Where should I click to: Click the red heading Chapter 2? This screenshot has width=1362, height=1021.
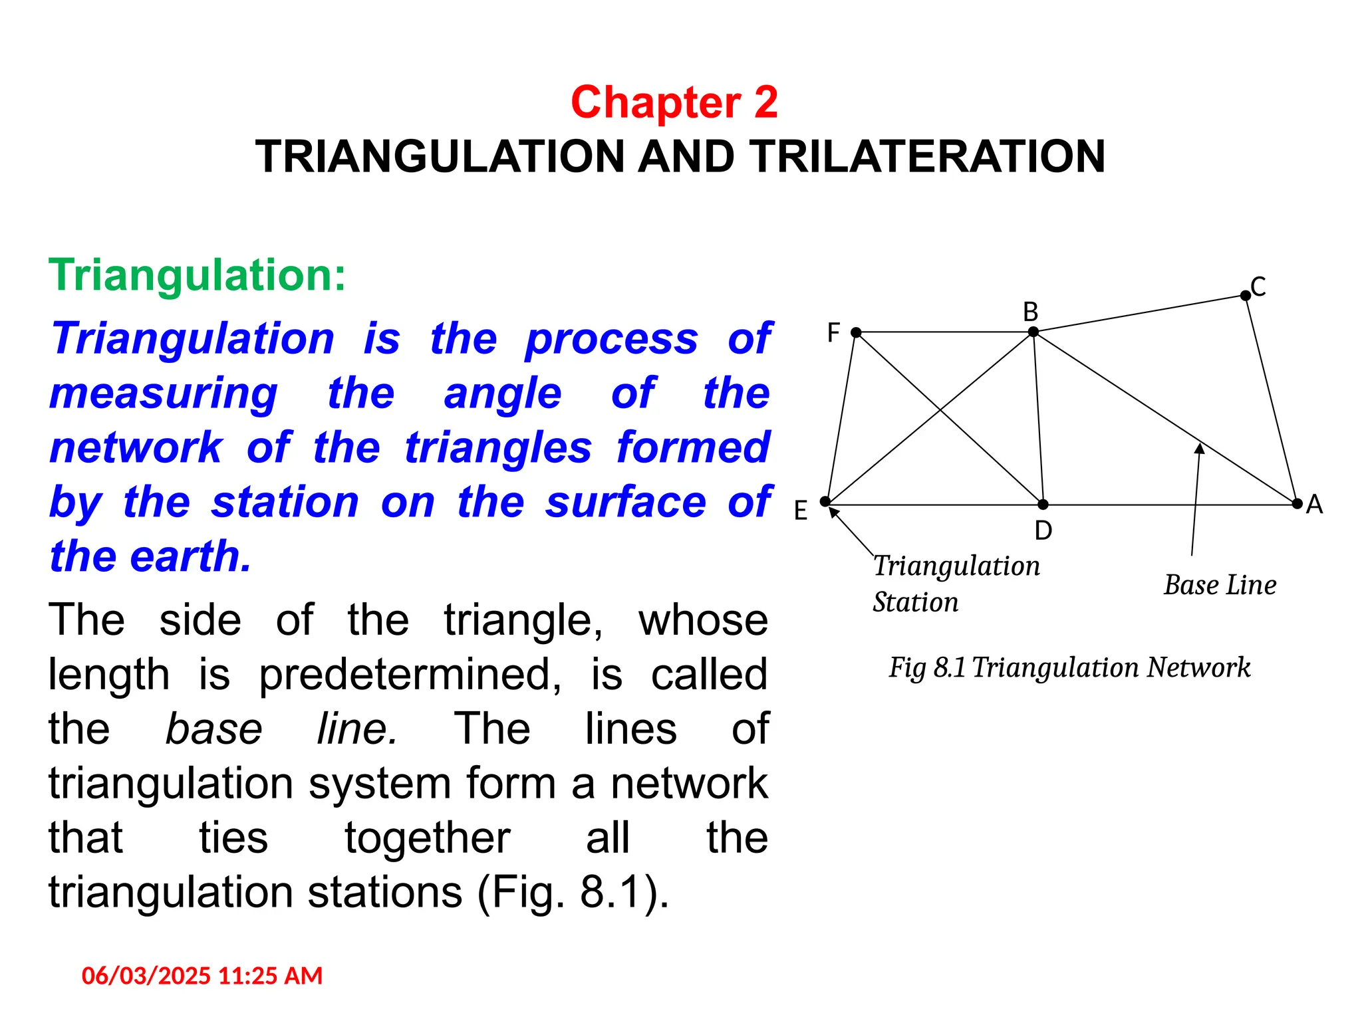674,103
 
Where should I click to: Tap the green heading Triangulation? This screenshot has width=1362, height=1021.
198,275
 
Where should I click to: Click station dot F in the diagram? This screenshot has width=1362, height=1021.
856,332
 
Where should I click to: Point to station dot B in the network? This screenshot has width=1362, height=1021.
1033,332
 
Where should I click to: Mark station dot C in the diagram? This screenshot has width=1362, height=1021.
1245,296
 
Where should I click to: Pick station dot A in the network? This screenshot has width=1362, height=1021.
1297,504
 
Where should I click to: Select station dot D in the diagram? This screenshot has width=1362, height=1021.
1043,505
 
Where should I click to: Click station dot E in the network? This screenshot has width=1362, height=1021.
825,502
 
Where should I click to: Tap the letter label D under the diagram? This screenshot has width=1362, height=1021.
1043,530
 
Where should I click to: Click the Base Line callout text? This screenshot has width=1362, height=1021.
1220,585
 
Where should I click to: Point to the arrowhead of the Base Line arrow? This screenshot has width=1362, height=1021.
1200,449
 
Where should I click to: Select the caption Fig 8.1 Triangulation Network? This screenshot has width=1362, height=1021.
1069,667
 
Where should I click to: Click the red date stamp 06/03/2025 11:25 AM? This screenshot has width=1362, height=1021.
202,976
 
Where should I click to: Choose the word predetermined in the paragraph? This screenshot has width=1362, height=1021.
410,675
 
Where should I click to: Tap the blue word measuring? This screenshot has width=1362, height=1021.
164,394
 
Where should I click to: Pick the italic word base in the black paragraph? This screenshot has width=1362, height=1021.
213,729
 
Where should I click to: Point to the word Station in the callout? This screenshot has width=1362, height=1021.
915,602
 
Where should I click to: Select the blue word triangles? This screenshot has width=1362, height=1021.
498,448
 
